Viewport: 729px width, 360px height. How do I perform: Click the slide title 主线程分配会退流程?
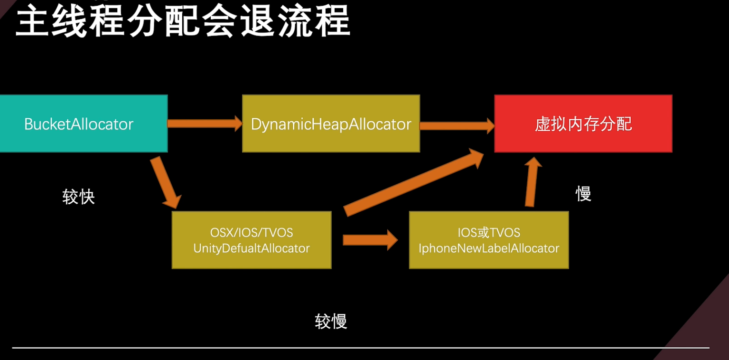tap(183, 21)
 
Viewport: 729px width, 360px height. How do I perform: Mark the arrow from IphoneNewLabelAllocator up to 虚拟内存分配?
tap(532, 183)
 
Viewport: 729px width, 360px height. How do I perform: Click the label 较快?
tap(79, 197)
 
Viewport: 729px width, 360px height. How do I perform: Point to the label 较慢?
tap(331, 322)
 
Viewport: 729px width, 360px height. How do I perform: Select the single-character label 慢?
tap(583, 194)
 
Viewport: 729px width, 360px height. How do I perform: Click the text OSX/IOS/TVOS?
tap(251, 233)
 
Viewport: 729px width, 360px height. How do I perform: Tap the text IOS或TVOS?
tap(489, 233)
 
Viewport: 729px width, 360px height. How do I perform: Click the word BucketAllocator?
tap(79, 124)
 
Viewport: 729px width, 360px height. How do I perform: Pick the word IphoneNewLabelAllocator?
tap(489, 248)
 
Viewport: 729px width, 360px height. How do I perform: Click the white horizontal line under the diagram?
tap(361, 348)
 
